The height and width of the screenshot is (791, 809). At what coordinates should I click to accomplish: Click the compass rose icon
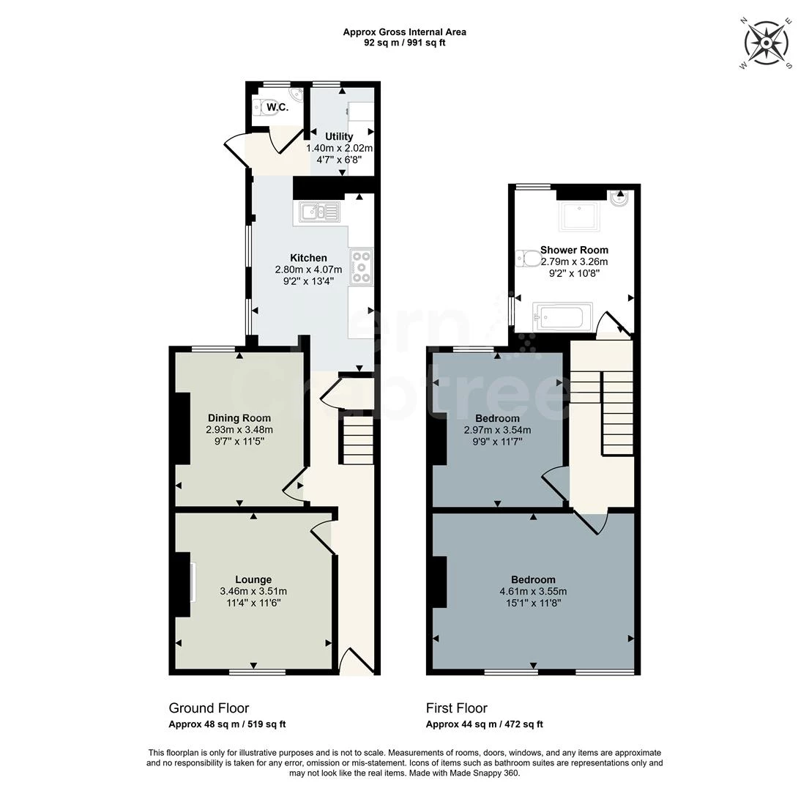click(766, 43)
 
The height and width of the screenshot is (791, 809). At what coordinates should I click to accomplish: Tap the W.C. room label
click(277, 108)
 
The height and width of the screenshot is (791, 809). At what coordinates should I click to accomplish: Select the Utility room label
click(339, 136)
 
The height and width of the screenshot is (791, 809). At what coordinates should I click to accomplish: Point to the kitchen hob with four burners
click(362, 267)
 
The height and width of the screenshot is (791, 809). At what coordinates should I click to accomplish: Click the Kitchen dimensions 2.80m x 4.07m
click(308, 269)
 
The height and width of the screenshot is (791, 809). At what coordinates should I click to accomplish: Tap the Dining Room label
click(239, 418)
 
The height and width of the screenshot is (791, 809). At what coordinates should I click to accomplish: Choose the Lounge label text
click(253, 579)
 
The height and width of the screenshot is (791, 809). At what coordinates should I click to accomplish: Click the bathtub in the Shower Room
click(559, 318)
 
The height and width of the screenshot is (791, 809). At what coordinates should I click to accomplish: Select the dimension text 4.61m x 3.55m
click(532, 592)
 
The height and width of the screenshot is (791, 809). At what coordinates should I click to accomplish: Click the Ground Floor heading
click(209, 708)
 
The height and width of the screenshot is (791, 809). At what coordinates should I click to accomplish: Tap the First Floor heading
click(456, 708)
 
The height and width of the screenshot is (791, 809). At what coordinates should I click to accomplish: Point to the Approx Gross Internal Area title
click(404, 32)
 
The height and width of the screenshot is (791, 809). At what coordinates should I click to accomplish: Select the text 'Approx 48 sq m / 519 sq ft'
click(227, 724)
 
